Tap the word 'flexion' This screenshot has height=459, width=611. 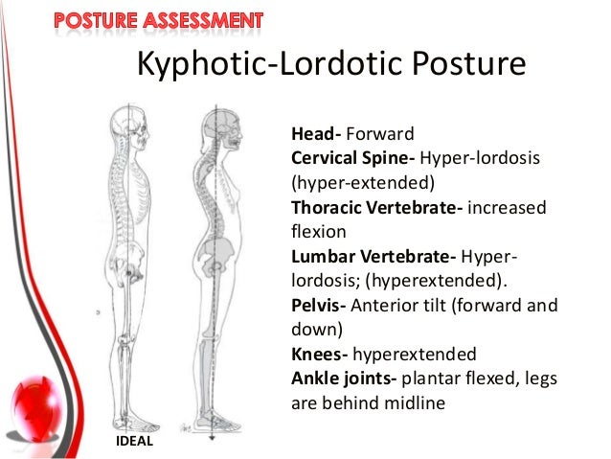316,232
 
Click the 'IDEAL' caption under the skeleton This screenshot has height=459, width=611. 133,441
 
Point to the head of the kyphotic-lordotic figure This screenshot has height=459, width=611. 223,123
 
